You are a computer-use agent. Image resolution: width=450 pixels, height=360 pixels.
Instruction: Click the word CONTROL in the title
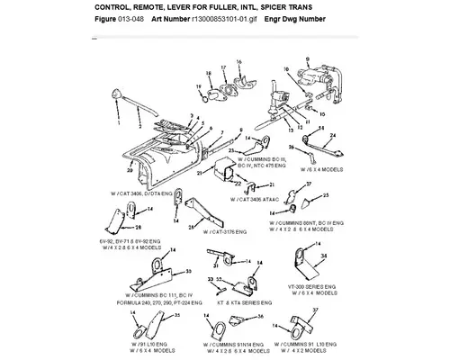tap(115, 7)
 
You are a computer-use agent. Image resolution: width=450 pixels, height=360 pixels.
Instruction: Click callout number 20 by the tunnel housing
tap(130, 169)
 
